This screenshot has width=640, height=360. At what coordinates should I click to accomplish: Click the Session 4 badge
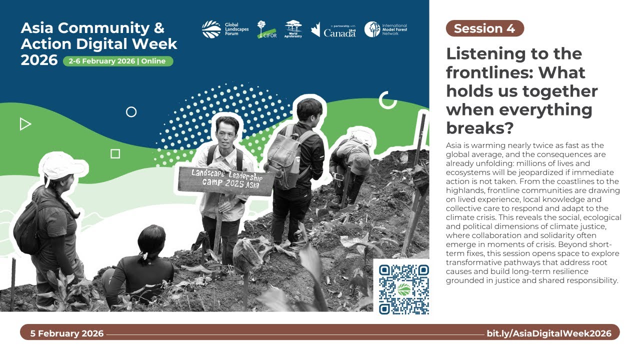pyautogui.click(x=485, y=28)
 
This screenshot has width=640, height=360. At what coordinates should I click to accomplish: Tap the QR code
pyautogui.click(x=403, y=289)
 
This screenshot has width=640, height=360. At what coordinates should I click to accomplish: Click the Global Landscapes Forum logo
pyautogui.click(x=225, y=29)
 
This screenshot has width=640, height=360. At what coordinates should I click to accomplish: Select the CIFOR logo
pyautogui.click(x=267, y=29)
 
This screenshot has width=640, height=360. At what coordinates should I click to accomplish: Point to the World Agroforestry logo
pyautogui.click(x=293, y=29)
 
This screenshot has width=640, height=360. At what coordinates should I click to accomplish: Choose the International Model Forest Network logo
pyautogui.click(x=385, y=29)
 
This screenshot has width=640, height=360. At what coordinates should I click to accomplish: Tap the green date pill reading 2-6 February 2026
pyautogui.click(x=118, y=61)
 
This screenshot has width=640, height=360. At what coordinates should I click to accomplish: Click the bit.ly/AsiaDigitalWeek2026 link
pyautogui.click(x=549, y=333)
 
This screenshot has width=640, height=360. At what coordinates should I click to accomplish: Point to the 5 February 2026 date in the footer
pyautogui.click(x=67, y=333)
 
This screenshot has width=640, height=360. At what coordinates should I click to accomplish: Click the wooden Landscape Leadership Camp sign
pyautogui.click(x=225, y=181)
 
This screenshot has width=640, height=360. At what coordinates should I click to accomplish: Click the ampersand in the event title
pyautogui.click(x=159, y=28)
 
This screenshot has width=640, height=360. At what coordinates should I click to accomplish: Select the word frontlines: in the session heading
pyautogui.click(x=489, y=72)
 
